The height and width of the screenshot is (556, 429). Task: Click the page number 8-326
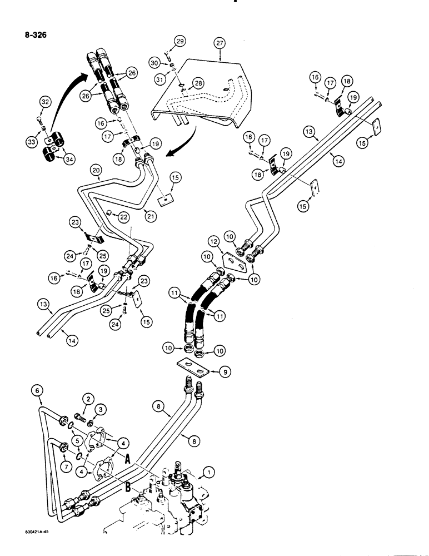[x=32, y=35]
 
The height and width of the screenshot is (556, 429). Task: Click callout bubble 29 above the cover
[x=179, y=42]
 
